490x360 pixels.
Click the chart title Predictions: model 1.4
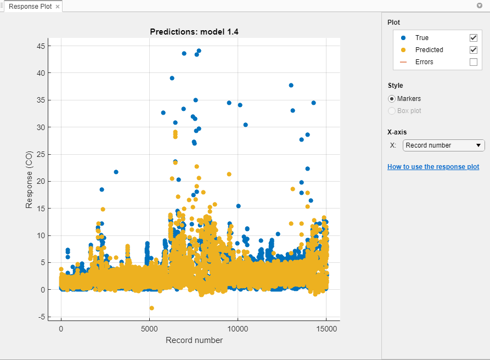(x=194, y=32)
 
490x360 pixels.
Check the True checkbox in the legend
(x=474, y=38)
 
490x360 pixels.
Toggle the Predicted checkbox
(x=474, y=50)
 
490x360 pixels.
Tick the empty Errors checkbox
(x=474, y=62)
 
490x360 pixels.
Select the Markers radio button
(x=392, y=99)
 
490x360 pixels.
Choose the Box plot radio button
(x=392, y=111)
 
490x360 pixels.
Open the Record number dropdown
(x=444, y=145)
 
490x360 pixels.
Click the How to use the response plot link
(x=433, y=167)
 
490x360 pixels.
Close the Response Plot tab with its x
(x=58, y=7)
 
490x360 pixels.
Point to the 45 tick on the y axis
(x=41, y=46)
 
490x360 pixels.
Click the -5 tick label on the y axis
(x=41, y=317)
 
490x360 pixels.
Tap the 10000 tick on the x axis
(x=238, y=329)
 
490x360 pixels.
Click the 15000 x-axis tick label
(x=326, y=329)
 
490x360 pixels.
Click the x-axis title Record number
(x=194, y=340)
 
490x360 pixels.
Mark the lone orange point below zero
(x=151, y=308)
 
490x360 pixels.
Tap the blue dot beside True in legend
(x=403, y=38)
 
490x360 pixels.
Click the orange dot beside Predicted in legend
(x=403, y=50)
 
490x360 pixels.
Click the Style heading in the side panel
(x=395, y=86)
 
